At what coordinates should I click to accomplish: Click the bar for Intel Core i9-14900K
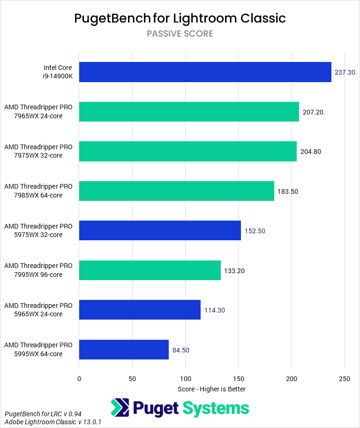tap(205, 72)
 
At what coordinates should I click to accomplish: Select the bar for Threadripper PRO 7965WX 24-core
tap(189, 112)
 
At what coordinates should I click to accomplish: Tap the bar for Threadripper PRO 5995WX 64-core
tap(124, 350)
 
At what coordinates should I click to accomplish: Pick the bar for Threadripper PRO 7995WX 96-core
tap(150, 270)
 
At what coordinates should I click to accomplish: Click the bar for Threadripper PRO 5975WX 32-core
tap(160, 230)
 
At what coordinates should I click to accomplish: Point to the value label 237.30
tap(345, 73)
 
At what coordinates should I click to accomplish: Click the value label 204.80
tap(311, 152)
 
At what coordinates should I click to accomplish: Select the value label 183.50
tap(288, 191)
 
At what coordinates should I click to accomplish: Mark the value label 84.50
tap(181, 350)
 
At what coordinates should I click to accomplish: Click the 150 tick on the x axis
tap(239, 378)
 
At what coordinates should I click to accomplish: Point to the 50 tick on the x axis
tap(132, 378)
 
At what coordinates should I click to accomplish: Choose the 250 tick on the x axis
tap(345, 378)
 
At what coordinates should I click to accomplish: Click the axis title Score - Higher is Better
tap(212, 389)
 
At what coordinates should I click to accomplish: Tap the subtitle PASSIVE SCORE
tap(180, 34)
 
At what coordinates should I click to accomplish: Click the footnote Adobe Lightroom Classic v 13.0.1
tap(53, 422)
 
